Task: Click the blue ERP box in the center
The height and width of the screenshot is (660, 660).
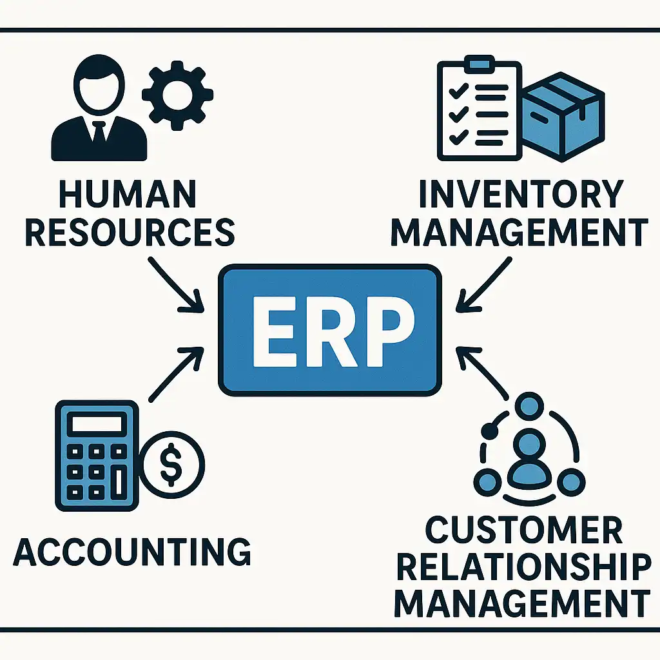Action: [330, 329]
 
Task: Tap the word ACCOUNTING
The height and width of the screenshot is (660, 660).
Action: [132, 552]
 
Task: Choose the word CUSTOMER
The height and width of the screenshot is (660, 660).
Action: [523, 531]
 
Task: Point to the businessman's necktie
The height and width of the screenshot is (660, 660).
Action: [99, 131]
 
